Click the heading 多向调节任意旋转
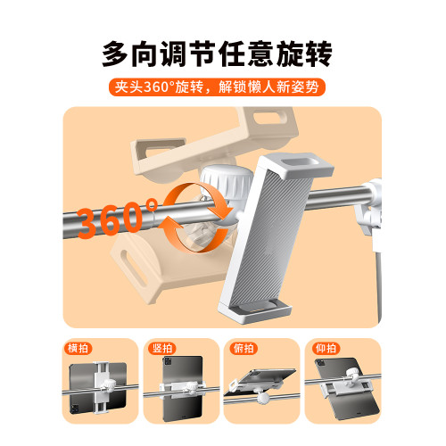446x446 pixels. click(217, 54)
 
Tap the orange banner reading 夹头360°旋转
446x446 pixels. click(217, 87)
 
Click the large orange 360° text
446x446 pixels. click(118, 218)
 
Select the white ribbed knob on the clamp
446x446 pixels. click(227, 185)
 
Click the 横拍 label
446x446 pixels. click(78, 348)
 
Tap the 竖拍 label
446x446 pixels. click(162, 348)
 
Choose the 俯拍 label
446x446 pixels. click(244, 348)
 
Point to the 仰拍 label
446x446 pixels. click(326, 348)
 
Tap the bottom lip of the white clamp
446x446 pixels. click(255, 312)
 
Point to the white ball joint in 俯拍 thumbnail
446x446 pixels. click(263, 398)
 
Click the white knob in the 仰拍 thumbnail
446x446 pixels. click(353, 373)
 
